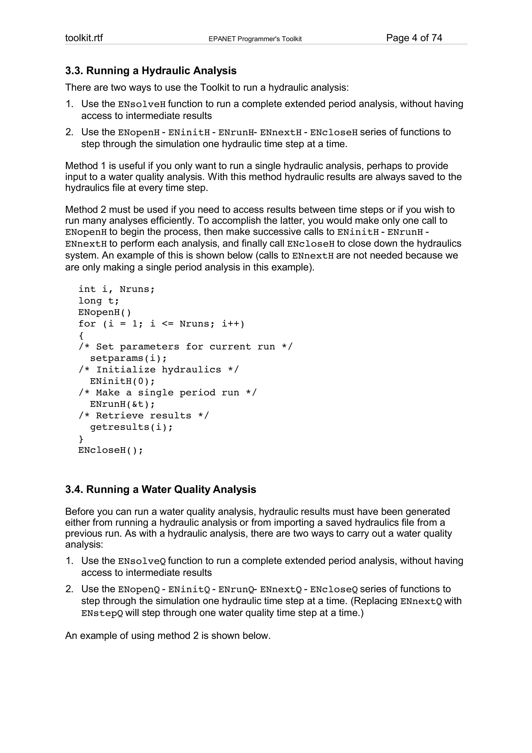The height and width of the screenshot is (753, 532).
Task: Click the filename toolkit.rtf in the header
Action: coord(84,38)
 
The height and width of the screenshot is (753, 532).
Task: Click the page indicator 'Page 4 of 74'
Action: coord(414,38)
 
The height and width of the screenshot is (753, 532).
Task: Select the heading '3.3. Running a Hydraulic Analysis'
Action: coord(151,70)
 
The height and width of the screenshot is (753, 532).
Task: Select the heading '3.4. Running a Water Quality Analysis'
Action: coord(160,489)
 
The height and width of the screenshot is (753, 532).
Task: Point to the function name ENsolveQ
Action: coord(142,562)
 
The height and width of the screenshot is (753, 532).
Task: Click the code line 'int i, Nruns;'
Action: coord(116,289)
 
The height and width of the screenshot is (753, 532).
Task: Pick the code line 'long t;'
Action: coord(99,301)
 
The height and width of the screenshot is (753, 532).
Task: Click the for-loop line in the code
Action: coord(161,324)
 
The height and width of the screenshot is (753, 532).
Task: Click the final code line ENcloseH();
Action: coord(110,450)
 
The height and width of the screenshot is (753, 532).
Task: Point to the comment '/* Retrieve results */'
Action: coord(144,415)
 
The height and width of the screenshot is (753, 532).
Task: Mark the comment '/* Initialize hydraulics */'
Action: coord(159,369)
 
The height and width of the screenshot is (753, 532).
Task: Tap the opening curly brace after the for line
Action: coord(81,335)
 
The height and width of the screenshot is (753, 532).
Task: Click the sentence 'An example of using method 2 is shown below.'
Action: coord(168,636)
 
